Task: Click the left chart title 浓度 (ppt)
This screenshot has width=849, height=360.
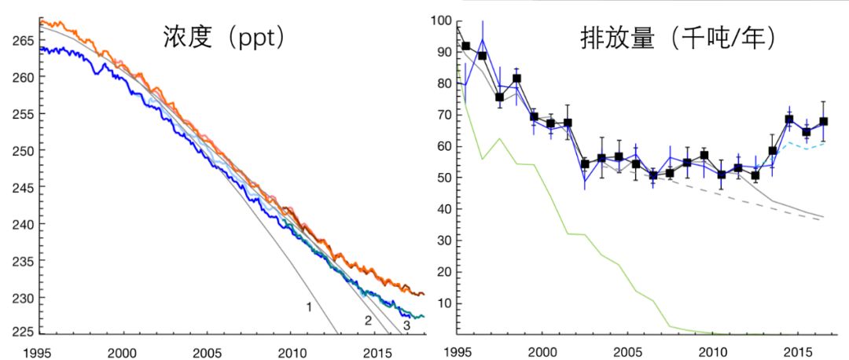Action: coord(223,38)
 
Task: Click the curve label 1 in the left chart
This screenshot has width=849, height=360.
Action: coord(310,306)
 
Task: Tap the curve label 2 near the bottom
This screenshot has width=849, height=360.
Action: coord(367,320)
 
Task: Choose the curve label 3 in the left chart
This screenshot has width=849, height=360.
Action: coord(406,325)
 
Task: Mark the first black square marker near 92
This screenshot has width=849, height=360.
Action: coord(465,46)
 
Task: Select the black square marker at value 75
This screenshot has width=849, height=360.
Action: coord(499,97)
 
